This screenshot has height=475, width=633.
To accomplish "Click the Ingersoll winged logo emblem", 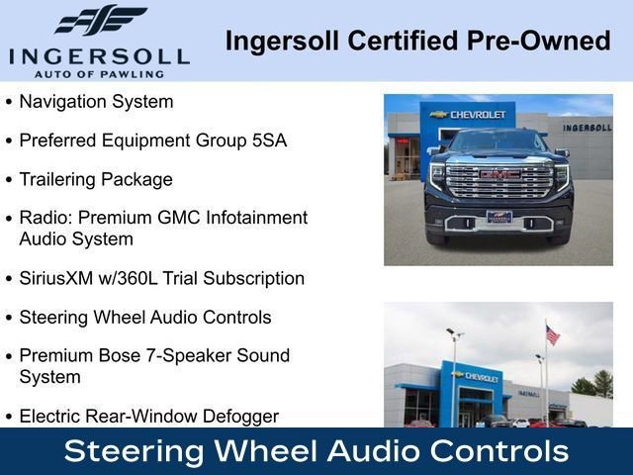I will [x=100, y=21].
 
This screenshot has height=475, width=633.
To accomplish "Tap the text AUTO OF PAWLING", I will [x=99, y=73].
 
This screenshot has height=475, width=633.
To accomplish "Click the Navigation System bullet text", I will [x=96, y=101].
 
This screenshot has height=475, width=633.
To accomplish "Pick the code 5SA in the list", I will [x=269, y=141].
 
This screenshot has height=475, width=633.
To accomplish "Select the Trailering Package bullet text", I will [x=96, y=179].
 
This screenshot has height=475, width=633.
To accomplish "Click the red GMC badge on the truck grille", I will [x=499, y=174].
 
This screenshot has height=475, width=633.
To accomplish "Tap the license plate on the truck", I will [x=499, y=217].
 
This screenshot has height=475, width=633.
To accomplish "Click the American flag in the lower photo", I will [x=552, y=335].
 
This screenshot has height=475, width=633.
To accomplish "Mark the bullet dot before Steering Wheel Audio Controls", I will [x=10, y=319].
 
